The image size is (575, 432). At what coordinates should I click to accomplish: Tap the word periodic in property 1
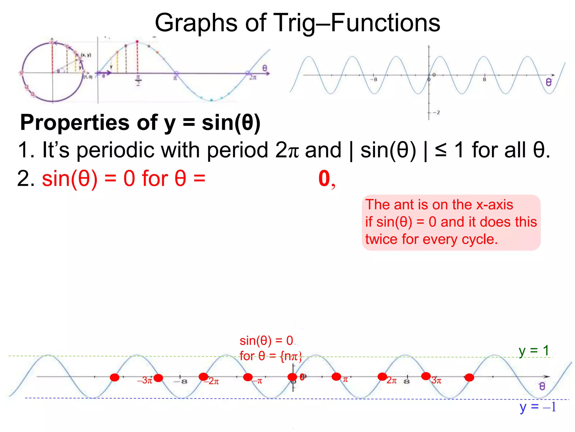click(115, 150)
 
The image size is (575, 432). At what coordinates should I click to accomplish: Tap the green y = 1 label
click(533, 351)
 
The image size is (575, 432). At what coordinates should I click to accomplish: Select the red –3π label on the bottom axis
click(145, 381)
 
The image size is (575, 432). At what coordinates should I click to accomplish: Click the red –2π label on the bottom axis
click(212, 381)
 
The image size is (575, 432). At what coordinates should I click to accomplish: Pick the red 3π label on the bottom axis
click(437, 381)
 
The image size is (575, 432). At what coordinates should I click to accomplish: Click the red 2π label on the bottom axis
click(392, 381)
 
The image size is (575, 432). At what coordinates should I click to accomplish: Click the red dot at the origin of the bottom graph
click(292, 377)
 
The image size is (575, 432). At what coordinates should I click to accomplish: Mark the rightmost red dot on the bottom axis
click(469, 377)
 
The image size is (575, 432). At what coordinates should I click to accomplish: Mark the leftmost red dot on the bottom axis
click(115, 377)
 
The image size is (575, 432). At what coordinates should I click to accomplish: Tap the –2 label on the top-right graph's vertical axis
click(436, 112)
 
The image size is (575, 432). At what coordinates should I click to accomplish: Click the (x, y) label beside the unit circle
click(86, 55)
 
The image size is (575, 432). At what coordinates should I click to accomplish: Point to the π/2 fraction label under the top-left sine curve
click(138, 81)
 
